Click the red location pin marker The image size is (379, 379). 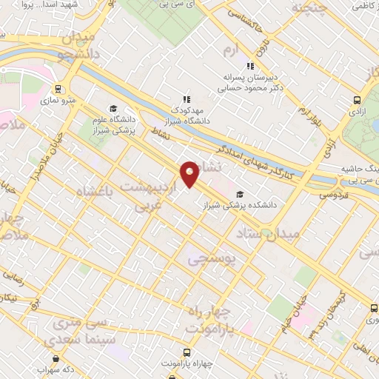(x=189, y=172)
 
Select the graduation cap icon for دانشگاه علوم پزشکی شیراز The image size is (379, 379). (x=113, y=107)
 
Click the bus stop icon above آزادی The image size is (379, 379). (x=358, y=100)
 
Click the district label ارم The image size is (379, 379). (x=232, y=50)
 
